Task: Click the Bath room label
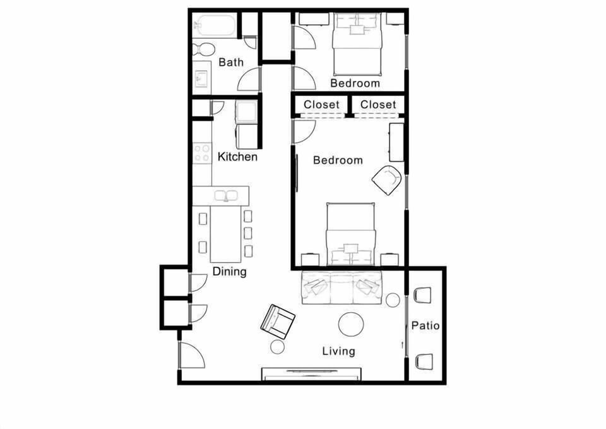pos(231,63)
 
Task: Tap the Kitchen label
pos(237,157)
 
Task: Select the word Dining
pos(229,272)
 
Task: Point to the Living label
pos(338,351)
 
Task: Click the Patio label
pos(425,326)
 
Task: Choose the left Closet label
pos(321,104)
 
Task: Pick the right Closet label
pos(378,104)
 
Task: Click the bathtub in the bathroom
pos(215,27)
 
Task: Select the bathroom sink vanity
pos(202,78)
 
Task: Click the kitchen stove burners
pos(202,152)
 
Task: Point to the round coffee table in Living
pos(351,325)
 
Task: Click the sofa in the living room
pos(342,287)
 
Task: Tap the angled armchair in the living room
pos(278,322)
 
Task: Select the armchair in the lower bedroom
pos(387,180)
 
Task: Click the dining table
pos(225,234)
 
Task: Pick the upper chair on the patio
pos(422,295)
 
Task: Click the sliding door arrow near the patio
pos(403,345)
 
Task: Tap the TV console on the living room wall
pos(312,374)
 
